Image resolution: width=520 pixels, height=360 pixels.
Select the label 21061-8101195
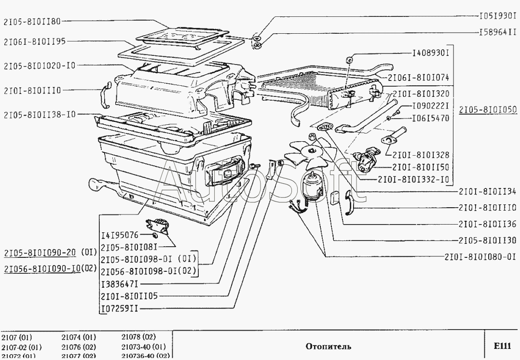pyautogui.click(x=34, y=41)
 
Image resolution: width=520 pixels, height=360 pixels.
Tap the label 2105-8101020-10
pyautogui.click(x=39, y=65)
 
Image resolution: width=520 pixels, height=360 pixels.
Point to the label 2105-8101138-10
pyautogui.click(x=39, y=115)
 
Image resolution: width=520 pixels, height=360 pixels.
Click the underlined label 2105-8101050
pyautogui.click(x=488, y=109)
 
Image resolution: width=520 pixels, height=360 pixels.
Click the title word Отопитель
pyautogui.click(x=328, y=346)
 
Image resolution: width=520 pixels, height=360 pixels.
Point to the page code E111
pyautogui.click(x=502, y=346)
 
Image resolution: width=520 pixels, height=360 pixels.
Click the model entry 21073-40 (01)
pyautogui.click(x=143, y=347)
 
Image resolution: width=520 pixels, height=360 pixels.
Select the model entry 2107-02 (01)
pyautogui.click(x=21, y=347)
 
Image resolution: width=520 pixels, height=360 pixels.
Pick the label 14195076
pyautogui.click(x=120, y=236)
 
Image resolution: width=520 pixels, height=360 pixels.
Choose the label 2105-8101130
pyautogui.click(x=488, y=240)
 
